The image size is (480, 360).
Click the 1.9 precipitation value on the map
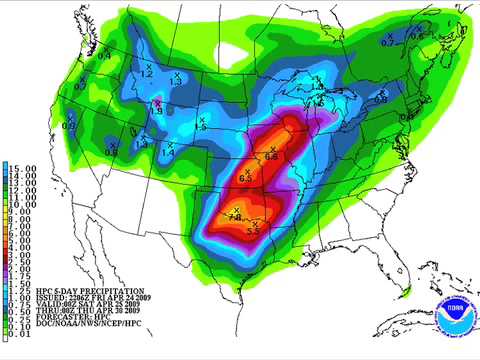pos(156,111)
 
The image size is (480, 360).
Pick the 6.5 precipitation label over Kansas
pos(246,177)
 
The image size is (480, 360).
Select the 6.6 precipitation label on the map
pos(272,156)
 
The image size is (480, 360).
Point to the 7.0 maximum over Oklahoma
pos(236,216)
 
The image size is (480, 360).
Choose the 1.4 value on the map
pos(167,152)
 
